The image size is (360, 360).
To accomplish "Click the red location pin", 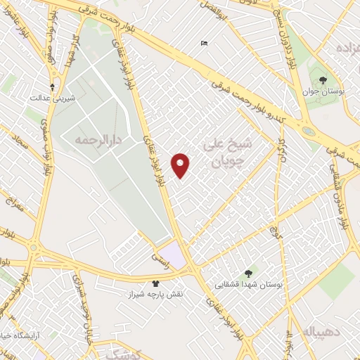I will [x=181, y=165].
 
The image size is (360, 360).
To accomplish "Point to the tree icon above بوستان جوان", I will [x=323, y=80].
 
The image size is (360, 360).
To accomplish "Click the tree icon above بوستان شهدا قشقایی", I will [x=247, y=273].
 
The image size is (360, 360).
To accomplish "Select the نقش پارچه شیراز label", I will [x=155, y=294].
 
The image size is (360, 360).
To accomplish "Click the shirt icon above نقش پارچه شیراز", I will [x=155, y=283].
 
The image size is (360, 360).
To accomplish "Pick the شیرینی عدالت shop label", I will [x=46, y=98].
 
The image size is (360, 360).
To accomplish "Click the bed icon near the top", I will [x=204, y=44].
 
